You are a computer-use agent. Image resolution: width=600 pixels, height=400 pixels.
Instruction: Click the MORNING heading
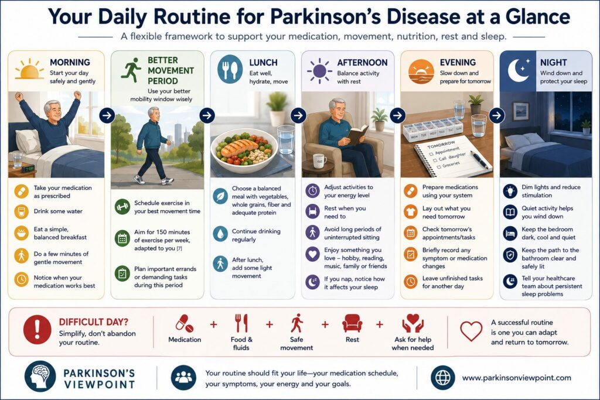click(x=70, y=62)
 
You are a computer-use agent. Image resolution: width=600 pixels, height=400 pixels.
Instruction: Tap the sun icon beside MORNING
click(x=29, y=69)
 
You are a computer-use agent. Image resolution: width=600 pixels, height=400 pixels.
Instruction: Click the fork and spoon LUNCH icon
click(x=230, y=69)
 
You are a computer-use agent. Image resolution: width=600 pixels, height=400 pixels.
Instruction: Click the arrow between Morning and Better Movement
click(x=107, y=115)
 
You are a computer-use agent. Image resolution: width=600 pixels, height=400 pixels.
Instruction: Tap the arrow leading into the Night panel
click(x=497, y=115)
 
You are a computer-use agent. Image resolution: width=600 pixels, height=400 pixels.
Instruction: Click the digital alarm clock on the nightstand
click(x=28, y=168)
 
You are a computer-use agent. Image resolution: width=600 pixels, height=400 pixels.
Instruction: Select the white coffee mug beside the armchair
click(x=319, y=161)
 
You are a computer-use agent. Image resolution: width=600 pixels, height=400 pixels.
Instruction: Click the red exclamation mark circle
click(x=37, y=329)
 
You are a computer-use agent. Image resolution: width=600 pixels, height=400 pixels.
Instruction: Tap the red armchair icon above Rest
click(x=352, y=323)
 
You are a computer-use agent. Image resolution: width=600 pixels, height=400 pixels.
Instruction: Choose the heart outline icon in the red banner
click(x=471, y=330)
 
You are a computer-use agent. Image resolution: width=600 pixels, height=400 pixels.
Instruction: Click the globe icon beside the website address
click(x=443, y=377)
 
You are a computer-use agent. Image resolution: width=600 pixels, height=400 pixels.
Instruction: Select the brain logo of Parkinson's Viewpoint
click(x=40, y=377)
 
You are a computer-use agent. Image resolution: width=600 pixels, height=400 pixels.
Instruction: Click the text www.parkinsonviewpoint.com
click(x=517, y=378)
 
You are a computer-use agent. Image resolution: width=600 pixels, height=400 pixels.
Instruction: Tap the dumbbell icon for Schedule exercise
click(x=122, y=207)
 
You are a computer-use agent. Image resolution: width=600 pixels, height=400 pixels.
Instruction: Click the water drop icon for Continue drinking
click(x=220, y=234)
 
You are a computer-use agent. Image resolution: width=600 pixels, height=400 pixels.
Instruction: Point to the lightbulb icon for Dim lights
click(x=510, y=191)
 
